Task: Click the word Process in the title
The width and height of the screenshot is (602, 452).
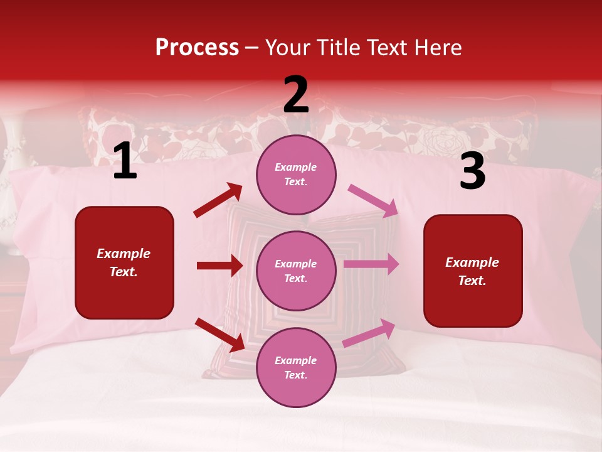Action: [197, 48]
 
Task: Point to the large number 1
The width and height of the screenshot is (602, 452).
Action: [125, 161]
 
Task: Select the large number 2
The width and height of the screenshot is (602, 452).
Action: [296, 95]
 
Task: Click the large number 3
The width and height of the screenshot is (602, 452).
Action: [472, 171]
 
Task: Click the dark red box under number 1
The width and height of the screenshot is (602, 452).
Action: [124, 262]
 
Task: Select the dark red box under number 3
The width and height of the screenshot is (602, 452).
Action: [473, 271]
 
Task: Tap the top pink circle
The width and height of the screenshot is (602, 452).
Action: [296, 175]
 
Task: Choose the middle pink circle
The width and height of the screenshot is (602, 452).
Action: [296, 271]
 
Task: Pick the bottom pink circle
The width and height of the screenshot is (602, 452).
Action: [296, 367]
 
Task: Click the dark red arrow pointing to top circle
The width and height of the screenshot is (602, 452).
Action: [218, 200]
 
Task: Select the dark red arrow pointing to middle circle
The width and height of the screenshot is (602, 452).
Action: [219, 266]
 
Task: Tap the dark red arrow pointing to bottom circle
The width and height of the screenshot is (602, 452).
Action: [219, 335]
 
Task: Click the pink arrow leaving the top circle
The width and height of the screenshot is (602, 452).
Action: [373, 200]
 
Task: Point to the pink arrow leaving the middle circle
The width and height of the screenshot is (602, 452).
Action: [371, 264]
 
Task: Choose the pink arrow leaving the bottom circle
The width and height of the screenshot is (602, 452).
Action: [369, 333]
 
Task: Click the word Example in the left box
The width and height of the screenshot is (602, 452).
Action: [124, 254]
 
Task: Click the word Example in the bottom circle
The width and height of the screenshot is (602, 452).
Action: [296, 360]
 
